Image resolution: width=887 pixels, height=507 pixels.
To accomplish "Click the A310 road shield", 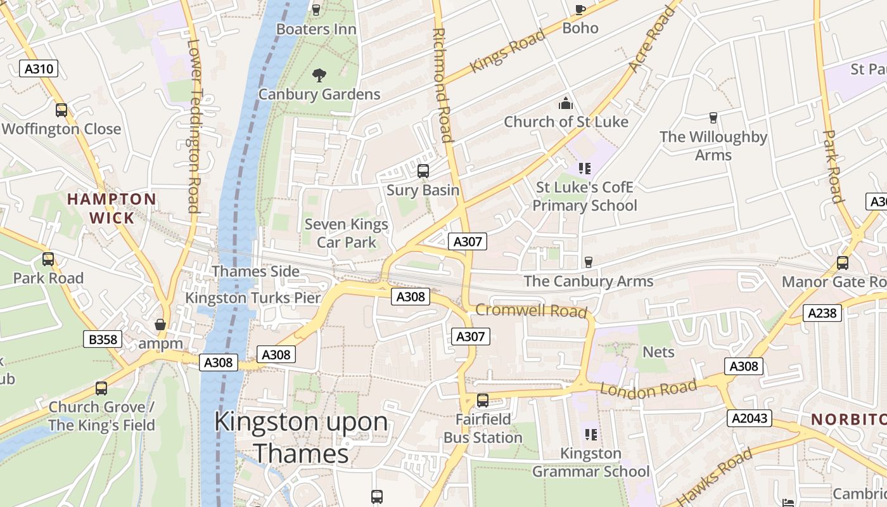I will [x=39, y=69].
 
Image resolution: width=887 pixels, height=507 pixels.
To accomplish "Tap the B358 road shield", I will [x=103, y=339].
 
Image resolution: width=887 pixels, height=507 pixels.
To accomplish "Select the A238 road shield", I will [x=822, y=312].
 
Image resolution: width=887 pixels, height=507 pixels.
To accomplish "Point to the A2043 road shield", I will [x=750, y=418].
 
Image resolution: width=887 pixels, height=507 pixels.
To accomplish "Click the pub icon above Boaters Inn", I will [x=316, y=10].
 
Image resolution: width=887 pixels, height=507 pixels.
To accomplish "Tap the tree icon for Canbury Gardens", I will [x=319, y=75].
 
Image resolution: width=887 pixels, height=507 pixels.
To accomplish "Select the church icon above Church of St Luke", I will [x=565, y=103].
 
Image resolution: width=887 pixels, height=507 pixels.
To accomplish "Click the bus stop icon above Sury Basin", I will [x=423, y=171].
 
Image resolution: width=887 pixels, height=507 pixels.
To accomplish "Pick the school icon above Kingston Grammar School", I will [x=590, y=435].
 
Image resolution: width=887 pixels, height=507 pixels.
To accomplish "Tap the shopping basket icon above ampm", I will [x=160, y=325].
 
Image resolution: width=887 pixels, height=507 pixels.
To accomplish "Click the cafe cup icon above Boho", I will [x=580, y=9].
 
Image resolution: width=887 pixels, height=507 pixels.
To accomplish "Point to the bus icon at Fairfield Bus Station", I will [x=483, y=401].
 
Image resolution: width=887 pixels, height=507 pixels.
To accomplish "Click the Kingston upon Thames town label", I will [x=301, y=437].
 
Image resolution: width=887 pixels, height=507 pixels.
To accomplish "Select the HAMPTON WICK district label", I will [x=112, y=209].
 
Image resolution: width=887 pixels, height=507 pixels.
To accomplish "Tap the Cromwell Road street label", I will [x=531, y=311].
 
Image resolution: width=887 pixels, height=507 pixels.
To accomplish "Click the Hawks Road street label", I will [x=714, y=476].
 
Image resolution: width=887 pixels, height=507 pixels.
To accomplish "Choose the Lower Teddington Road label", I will [x=193, y=127].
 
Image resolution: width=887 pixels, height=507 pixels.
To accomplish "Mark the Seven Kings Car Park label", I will [x=347, y=233].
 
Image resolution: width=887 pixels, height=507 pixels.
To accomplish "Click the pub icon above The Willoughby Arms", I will [x=713, y=117].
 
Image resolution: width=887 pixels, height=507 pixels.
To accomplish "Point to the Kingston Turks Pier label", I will [x=253, y=298].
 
